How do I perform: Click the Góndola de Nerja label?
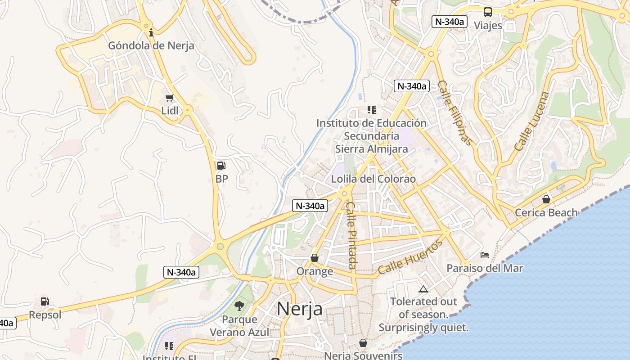151,45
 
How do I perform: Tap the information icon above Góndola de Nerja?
151,32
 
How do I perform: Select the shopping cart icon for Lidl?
170,98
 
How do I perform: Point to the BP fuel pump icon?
221,166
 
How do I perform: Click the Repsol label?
45,315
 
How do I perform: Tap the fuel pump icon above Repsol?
45,301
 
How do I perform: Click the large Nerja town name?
299,309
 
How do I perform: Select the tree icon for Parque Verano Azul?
239,306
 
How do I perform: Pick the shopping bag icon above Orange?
315,258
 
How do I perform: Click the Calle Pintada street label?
351,235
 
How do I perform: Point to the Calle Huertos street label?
410,257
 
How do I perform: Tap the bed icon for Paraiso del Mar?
485,255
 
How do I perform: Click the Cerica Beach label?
546,212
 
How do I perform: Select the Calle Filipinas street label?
455,113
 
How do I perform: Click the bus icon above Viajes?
488,12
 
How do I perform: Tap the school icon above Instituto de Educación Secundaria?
372,109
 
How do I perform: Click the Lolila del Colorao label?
373,179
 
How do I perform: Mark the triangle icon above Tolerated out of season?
423,289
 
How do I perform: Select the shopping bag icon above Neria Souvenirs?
363,343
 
